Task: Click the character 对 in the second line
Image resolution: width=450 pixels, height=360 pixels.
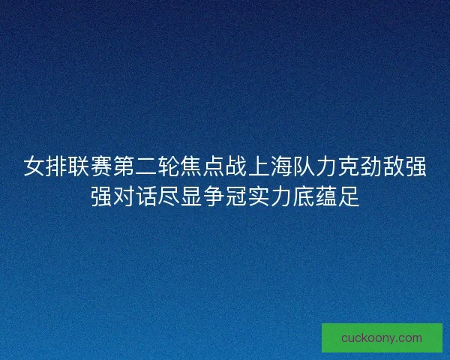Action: pos(124,196)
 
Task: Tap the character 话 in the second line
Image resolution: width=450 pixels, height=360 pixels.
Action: pos(146,196)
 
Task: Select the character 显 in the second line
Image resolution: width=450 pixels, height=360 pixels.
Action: pos(191,196)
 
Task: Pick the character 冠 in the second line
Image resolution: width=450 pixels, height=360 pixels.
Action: pos(236,196)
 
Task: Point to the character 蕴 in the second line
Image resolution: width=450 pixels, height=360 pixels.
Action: pos(326,196)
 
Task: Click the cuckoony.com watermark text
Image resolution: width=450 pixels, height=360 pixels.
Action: pos(382,338)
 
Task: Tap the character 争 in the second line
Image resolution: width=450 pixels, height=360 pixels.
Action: pos(214,196)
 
